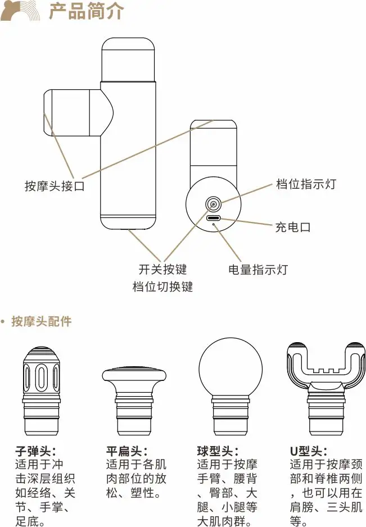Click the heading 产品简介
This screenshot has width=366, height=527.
86,11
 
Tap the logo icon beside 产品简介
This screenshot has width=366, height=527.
21,11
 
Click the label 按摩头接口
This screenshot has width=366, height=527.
55,186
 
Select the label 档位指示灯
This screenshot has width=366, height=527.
306,184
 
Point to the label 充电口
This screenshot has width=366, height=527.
293,227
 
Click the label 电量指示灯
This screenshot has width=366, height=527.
258,270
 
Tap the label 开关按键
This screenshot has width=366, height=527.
162,270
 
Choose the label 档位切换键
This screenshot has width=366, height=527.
162,287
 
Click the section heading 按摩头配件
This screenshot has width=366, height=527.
41,322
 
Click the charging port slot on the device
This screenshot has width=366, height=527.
214,218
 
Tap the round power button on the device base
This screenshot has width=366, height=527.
214,204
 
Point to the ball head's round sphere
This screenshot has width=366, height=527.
231,367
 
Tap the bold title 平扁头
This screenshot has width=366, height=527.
127,451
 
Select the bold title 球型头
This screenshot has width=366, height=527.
218,451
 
